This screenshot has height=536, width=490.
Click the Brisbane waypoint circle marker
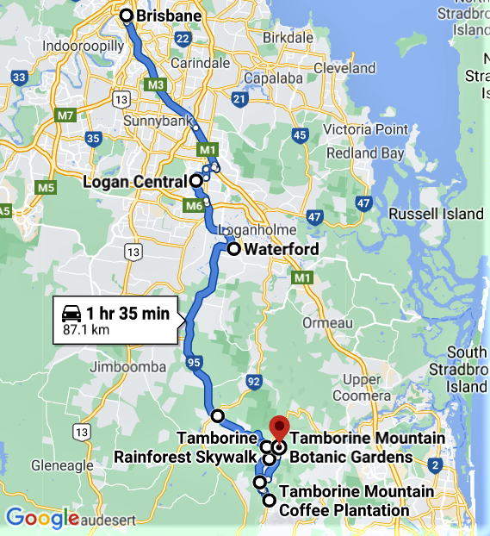click(127, 16)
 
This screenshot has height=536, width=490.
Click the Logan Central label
click(134, 182)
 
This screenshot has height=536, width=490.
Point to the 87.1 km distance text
click(86, 329)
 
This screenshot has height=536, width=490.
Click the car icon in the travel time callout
click(72, 313)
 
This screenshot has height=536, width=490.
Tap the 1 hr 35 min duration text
click(127, 313)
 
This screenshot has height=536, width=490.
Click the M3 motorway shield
click(155, 85)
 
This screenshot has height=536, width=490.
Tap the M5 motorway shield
click(46, 187)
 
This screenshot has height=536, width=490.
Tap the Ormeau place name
click(328, 321)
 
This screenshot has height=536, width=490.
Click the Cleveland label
click(350, 68)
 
